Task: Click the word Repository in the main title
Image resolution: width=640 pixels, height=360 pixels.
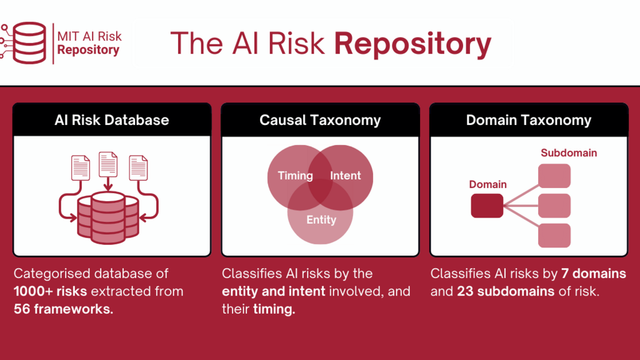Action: [x=412, y=44]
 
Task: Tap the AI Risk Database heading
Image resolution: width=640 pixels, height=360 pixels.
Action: [x=112, y=120]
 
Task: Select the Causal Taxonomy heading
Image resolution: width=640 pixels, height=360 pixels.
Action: [x=320, y=120]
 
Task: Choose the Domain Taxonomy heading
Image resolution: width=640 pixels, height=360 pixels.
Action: [x=529, y=120]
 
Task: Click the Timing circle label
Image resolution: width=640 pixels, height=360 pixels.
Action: [x=296, y=176]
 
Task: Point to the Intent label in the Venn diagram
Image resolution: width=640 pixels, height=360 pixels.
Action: [x=346, y=176]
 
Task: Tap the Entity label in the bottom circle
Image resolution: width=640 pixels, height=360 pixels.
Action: [x=321, y=219]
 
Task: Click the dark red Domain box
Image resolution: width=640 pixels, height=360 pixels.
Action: [x=487, y=206]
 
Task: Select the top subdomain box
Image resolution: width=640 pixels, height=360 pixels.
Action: [x=554, y=176]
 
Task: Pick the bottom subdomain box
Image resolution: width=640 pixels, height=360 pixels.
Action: [x=554, y=235]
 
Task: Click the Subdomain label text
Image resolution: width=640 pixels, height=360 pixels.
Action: [x=569, y=153]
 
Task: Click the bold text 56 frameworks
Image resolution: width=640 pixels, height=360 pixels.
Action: [x=64, y=309]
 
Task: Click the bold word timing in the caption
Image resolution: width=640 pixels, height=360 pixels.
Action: [x=274, y=309]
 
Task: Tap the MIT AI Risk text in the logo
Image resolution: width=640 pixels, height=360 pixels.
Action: [x=89, y=36]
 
